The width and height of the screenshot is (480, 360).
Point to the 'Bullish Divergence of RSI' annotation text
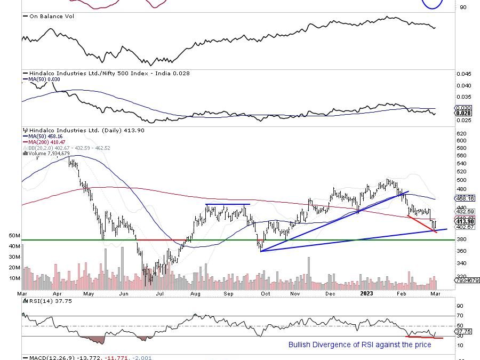click(359, 345)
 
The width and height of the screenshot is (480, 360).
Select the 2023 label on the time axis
click(366, 293)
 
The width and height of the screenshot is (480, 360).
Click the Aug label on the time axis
click(195, 293)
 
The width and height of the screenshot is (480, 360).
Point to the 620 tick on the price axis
click(462, 133)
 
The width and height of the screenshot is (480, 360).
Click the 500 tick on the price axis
click(462, 180)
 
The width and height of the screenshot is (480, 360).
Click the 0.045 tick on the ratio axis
click(464, 74)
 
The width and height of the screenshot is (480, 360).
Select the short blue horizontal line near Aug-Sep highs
click(228, 205)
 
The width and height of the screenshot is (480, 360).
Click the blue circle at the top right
click(433, 3)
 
